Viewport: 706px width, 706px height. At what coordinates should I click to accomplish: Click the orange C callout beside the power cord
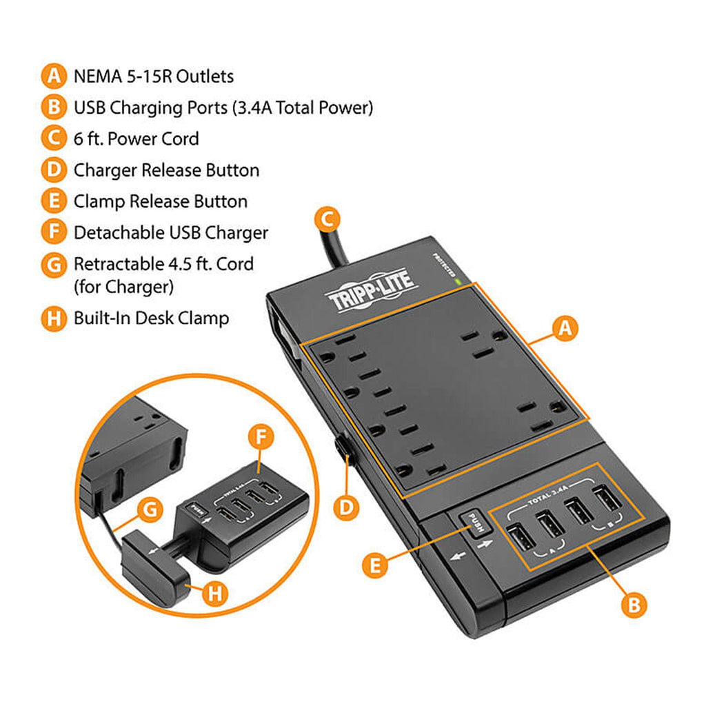[x=327, y=220]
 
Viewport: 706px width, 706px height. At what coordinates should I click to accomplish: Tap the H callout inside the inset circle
[x=216, y=593]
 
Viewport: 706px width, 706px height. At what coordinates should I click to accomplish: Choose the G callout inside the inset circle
[x=150, y=511]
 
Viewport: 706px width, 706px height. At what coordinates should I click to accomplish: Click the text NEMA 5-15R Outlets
[x=154, y=77]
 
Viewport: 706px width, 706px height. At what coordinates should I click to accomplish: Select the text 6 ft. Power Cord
[x=137, y=139]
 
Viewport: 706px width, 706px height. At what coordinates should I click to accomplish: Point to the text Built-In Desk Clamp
[x=151, y=319]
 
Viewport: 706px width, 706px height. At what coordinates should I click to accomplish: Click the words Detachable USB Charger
[x=170, y=233]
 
